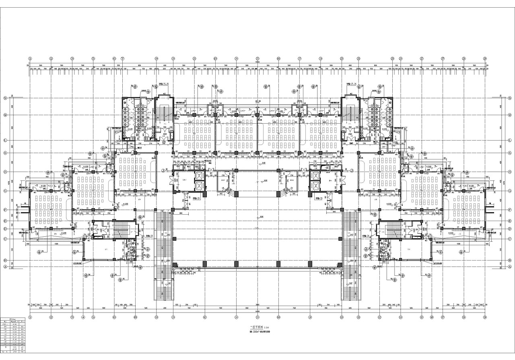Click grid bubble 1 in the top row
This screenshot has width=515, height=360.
tap(30, 58)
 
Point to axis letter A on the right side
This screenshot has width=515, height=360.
tap(509, 267)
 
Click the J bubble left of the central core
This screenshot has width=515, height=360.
tap(163, 171)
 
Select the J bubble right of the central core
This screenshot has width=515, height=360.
tap(352, 171)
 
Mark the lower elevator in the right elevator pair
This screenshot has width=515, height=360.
tap(315, 186)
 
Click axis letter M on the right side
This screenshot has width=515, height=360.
tap(509, 115)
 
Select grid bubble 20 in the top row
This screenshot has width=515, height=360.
tap(342, 58)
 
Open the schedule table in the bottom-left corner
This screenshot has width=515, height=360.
tap(14, 335)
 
